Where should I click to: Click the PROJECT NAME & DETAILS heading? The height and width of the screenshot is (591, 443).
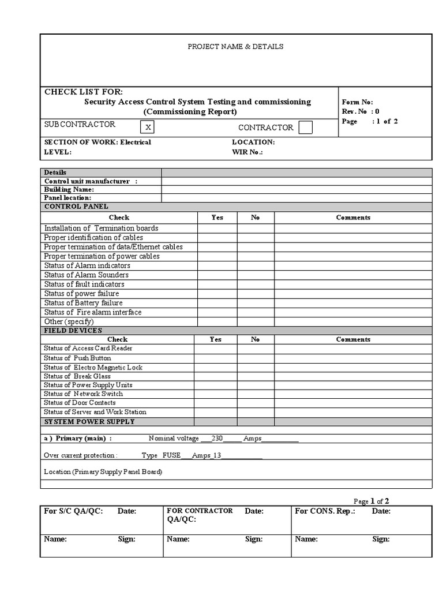pyautogui.click(x=235, y=47)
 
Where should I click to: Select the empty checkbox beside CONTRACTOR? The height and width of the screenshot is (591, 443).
pyautogui.click(x=306, y=128)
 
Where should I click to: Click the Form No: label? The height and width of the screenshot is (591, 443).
pyautogui.click(x=358, y=102)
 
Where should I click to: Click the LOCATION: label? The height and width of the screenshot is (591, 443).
pyautogui.click(x=253, y=142)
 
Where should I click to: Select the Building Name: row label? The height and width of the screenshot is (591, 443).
pyautogui.click(x=69, y=189)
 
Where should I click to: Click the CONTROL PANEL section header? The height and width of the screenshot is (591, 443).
pyautogui.click(x=76, y=207)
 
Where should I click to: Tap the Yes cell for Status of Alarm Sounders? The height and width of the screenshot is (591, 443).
pyautogui.click(x=217, y=275)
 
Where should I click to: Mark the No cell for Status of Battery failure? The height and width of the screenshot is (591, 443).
pyautogui.click(x=255, y=303)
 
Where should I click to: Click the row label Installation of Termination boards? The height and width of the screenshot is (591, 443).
pyautogui.click(x=101, y=228)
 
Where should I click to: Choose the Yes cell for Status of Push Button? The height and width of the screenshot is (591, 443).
pyautogui.click(x=215, y=358)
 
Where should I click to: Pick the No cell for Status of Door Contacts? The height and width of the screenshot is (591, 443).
pyautogui.click(x=255, y=403)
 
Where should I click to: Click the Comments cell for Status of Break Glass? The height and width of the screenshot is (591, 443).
pyautogui.click(x=353, y=376)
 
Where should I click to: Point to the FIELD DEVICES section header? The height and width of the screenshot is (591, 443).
pyautogui.click(x=73, y=331)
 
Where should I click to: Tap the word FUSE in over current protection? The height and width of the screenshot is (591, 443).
pyautogui.click(x=171, y=455)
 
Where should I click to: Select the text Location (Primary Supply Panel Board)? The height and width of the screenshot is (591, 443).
pyautogui.click(x=103, y=472)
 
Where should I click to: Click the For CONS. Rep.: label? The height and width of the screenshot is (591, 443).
pyautogui.click(x=325, y=511)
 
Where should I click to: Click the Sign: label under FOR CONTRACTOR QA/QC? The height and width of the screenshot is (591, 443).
pyautogui.click(x=254, y=539)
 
